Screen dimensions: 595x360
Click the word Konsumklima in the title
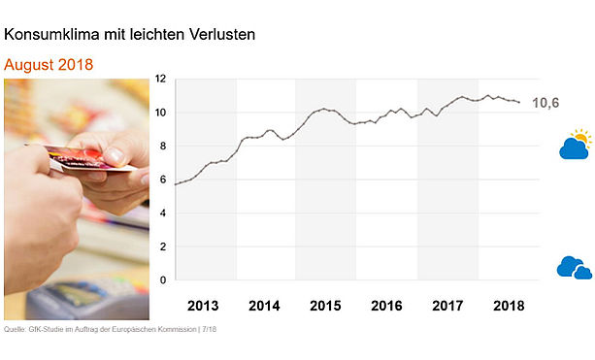(x=52, y=35)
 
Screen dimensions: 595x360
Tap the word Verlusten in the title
(x=222, y=35)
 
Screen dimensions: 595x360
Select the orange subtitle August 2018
(x=49, y=65)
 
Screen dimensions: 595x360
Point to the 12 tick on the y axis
(x=161, y=79)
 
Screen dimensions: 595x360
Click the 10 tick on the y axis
(x=161, y=113)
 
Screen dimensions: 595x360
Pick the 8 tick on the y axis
(x=163, y=147)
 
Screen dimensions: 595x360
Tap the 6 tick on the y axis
(x=163, y=180)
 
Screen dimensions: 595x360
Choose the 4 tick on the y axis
(x=163, y=213)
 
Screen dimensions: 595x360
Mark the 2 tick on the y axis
(x=163, y=246)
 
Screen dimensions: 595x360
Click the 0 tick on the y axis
(x=163, y=280)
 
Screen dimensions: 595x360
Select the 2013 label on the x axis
(x=203, y=306)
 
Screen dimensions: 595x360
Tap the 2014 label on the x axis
(x=264, y=306)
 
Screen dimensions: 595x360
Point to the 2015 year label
(x=325, y=306)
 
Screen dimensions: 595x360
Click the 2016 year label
(x=386, y=306)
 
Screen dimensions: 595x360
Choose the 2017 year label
(x=447, y=306)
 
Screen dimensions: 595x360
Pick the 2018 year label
(x=509, y=306)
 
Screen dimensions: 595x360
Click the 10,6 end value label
(x=545, y=103)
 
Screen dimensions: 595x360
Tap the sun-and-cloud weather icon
(x=576, y=145)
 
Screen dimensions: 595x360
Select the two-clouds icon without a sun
(x=575, y=268)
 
